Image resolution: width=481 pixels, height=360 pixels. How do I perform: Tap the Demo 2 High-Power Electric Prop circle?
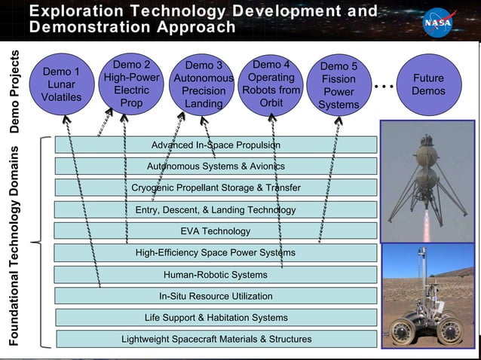(131, 84)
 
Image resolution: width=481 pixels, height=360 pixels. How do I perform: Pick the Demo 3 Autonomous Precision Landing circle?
(203, 84)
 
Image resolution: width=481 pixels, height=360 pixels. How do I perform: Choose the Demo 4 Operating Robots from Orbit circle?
(271, 84)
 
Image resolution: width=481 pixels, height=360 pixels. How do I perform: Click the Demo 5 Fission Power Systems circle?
(339, 85)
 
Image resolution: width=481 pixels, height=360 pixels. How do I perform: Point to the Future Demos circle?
(428, 84)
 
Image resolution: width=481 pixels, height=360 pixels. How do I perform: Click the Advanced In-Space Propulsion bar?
(216, 145)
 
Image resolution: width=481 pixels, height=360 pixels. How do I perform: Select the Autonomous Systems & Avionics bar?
(216, 166)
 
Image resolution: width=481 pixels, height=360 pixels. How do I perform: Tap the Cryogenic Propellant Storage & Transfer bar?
(216, 188)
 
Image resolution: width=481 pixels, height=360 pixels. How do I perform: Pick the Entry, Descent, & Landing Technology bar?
(216, 209)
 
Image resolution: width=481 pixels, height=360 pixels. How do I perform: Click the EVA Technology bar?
(216, 231)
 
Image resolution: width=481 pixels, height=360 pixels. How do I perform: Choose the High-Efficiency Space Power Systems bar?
(216, 253)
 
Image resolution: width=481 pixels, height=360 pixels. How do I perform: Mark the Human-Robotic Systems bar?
(216, 274)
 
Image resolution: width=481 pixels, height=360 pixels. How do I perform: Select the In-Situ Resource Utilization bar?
(216, 296)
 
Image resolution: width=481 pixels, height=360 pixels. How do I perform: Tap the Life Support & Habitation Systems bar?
(216, 317)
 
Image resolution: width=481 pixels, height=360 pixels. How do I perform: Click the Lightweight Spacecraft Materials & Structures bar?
(216, 339)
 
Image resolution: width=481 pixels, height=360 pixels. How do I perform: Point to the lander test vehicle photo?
(427, 181)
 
